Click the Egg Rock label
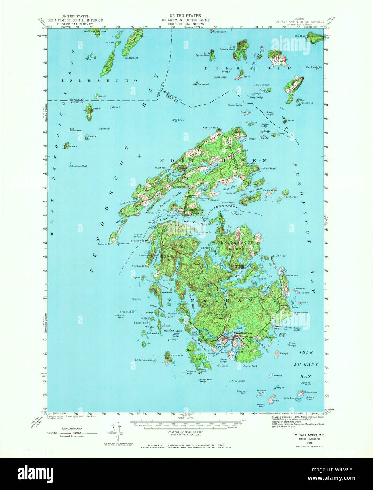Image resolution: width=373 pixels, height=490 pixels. (x=179, y=120)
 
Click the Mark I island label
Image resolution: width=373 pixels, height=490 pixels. (x=73, y=146)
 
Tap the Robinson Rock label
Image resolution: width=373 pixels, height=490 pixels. (x=79, y=166)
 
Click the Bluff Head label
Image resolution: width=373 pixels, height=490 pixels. (x=279, y=256)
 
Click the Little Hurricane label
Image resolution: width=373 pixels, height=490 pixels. (x=145, y=360)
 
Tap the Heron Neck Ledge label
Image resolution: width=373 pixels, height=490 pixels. (x=205, y=380)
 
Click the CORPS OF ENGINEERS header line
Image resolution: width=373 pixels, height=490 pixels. (x=185, y=25)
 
